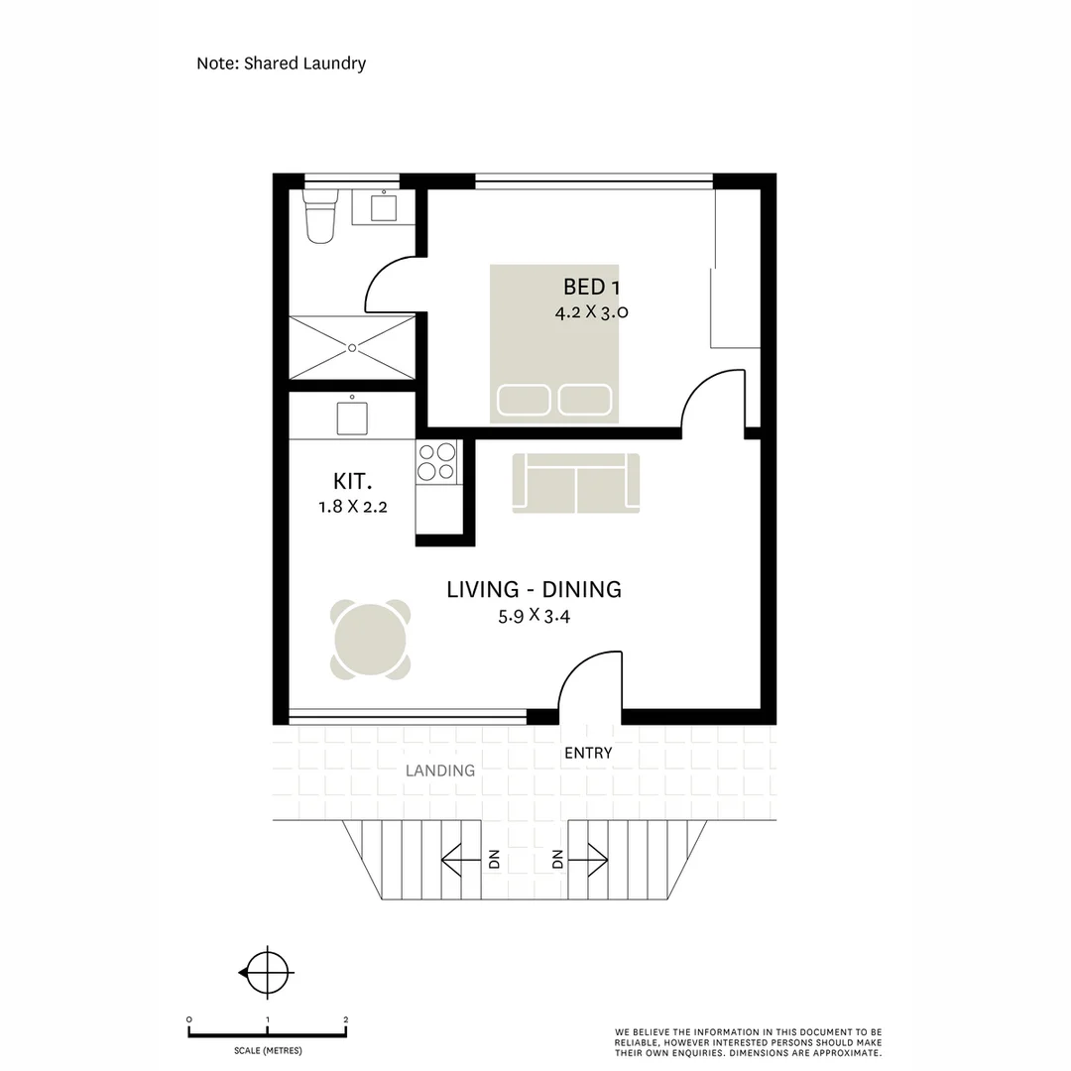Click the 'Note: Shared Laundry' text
(281, 63)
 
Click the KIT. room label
(352, 483)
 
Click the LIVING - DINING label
(534, 589)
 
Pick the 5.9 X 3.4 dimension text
(534, 616)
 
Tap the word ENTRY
(588, 753)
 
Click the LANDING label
(440, 771)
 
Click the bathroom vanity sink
(383, 207)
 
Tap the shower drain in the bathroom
(352, 347)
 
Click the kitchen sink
(352, 416)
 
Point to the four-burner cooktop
(436, 461)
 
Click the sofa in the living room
(575, 483)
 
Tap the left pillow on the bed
(525, 400)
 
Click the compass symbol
(266, 973)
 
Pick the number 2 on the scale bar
(345, 1019)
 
